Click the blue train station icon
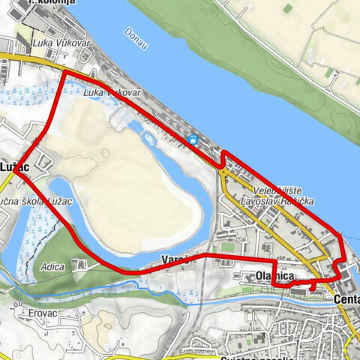coord(193,139)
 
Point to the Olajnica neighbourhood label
coord(274,277)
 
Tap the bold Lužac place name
coord(15,165)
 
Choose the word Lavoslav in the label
coord(258,201)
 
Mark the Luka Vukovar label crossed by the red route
coord(112,91)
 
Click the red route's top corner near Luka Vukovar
coord(63,73)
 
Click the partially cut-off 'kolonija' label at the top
coord(51,3)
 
